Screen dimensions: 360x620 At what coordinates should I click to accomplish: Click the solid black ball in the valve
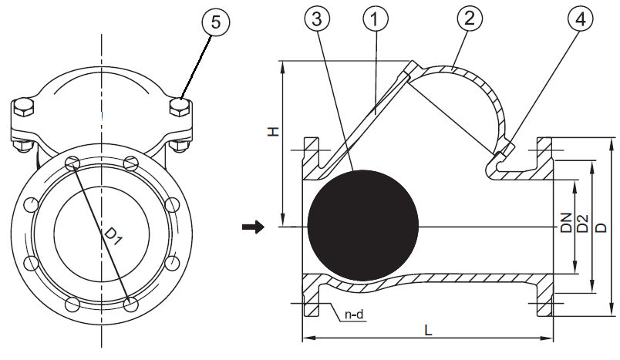click(x=362, y=226)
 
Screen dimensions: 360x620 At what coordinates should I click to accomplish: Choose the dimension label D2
click(x=583, y=224)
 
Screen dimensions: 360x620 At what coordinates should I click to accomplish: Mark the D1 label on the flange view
click(x=113, y=235)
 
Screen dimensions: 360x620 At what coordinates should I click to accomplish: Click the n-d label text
click(x=354, y=315)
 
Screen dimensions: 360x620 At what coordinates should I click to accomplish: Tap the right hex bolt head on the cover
click(x=180, y=107)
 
